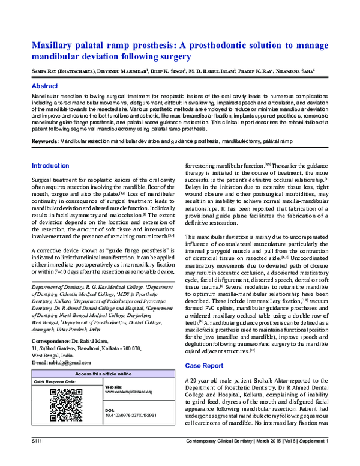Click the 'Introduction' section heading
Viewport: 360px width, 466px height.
[x=50, y=165]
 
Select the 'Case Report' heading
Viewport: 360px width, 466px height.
[x=203, y=365]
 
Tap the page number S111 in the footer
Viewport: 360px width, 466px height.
[x=39, y=459]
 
